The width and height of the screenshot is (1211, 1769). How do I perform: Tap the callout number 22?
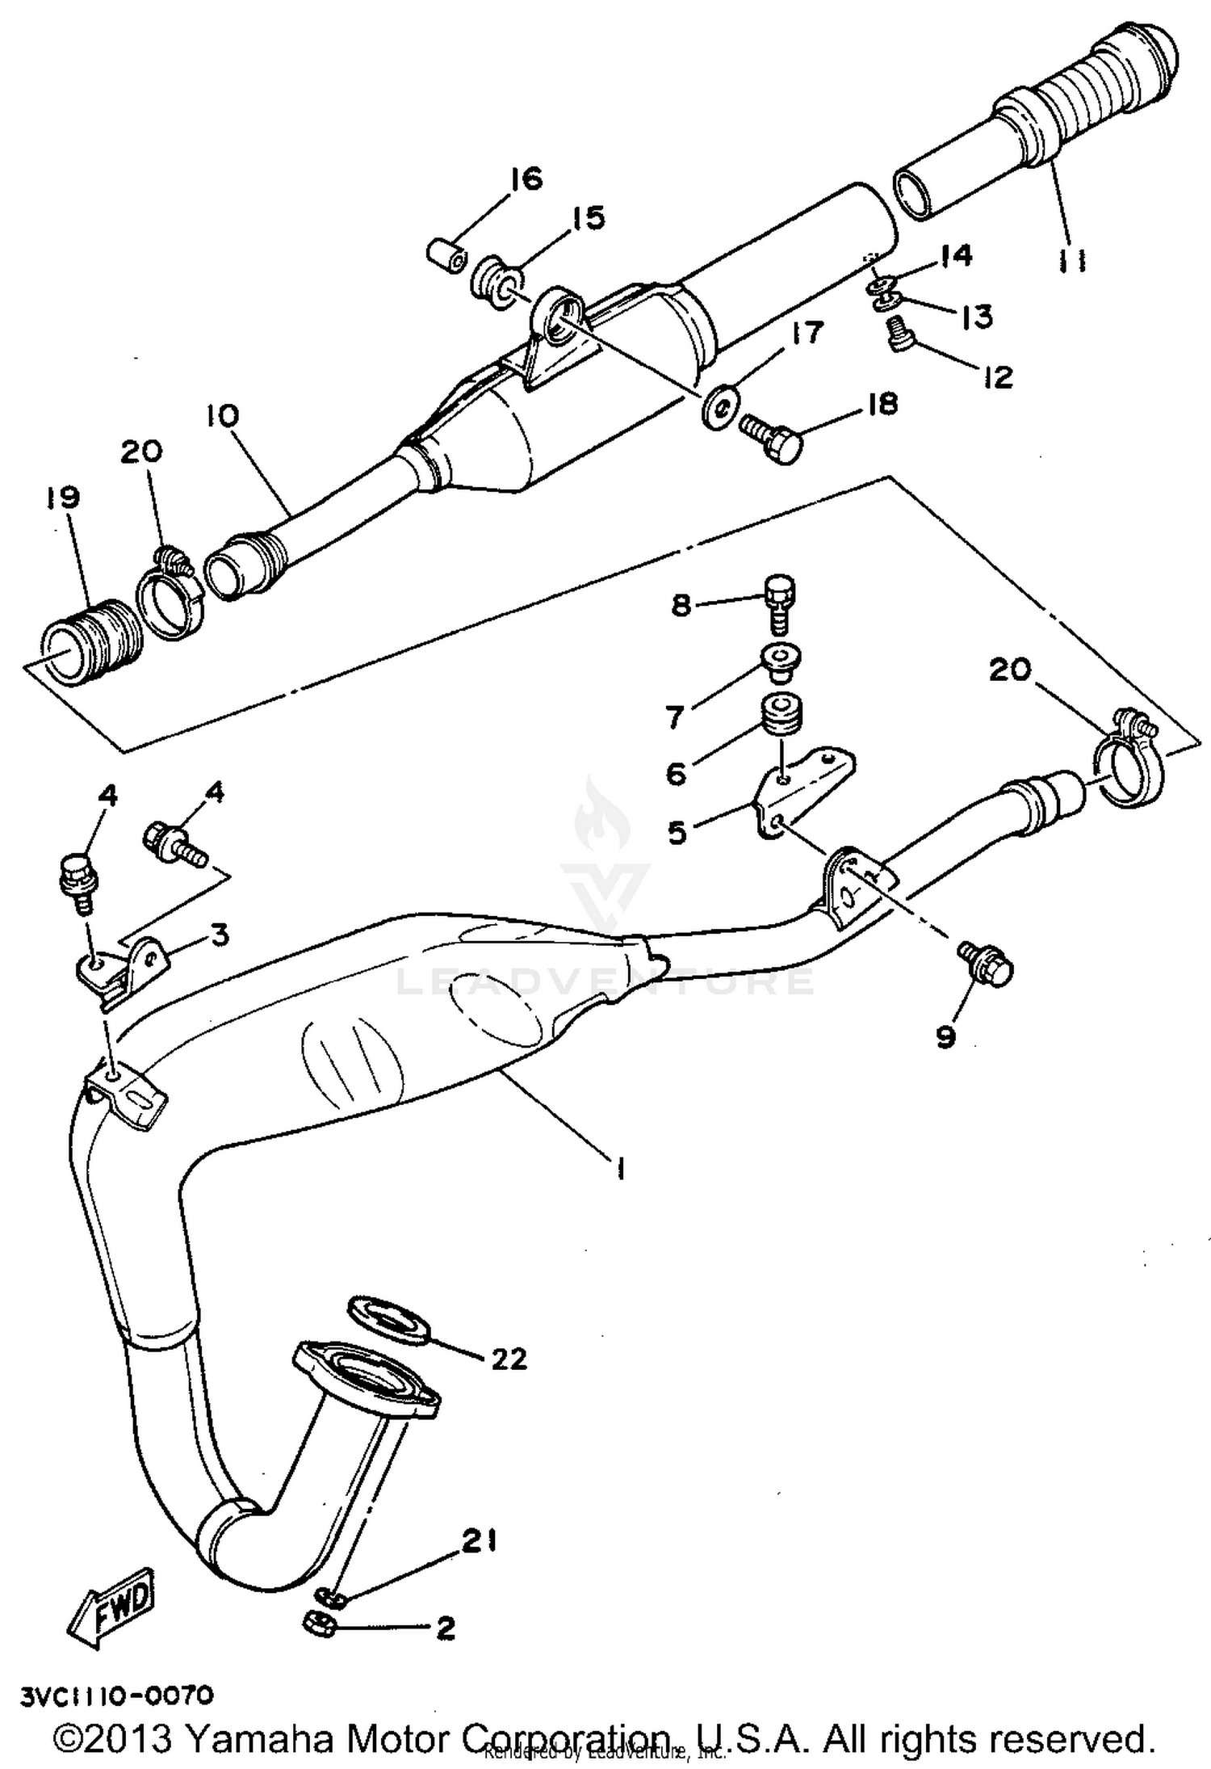pyautogui.click(x=509, y=1359)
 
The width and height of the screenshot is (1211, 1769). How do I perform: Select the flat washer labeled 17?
pyautogui.click(x=719, y=406)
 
